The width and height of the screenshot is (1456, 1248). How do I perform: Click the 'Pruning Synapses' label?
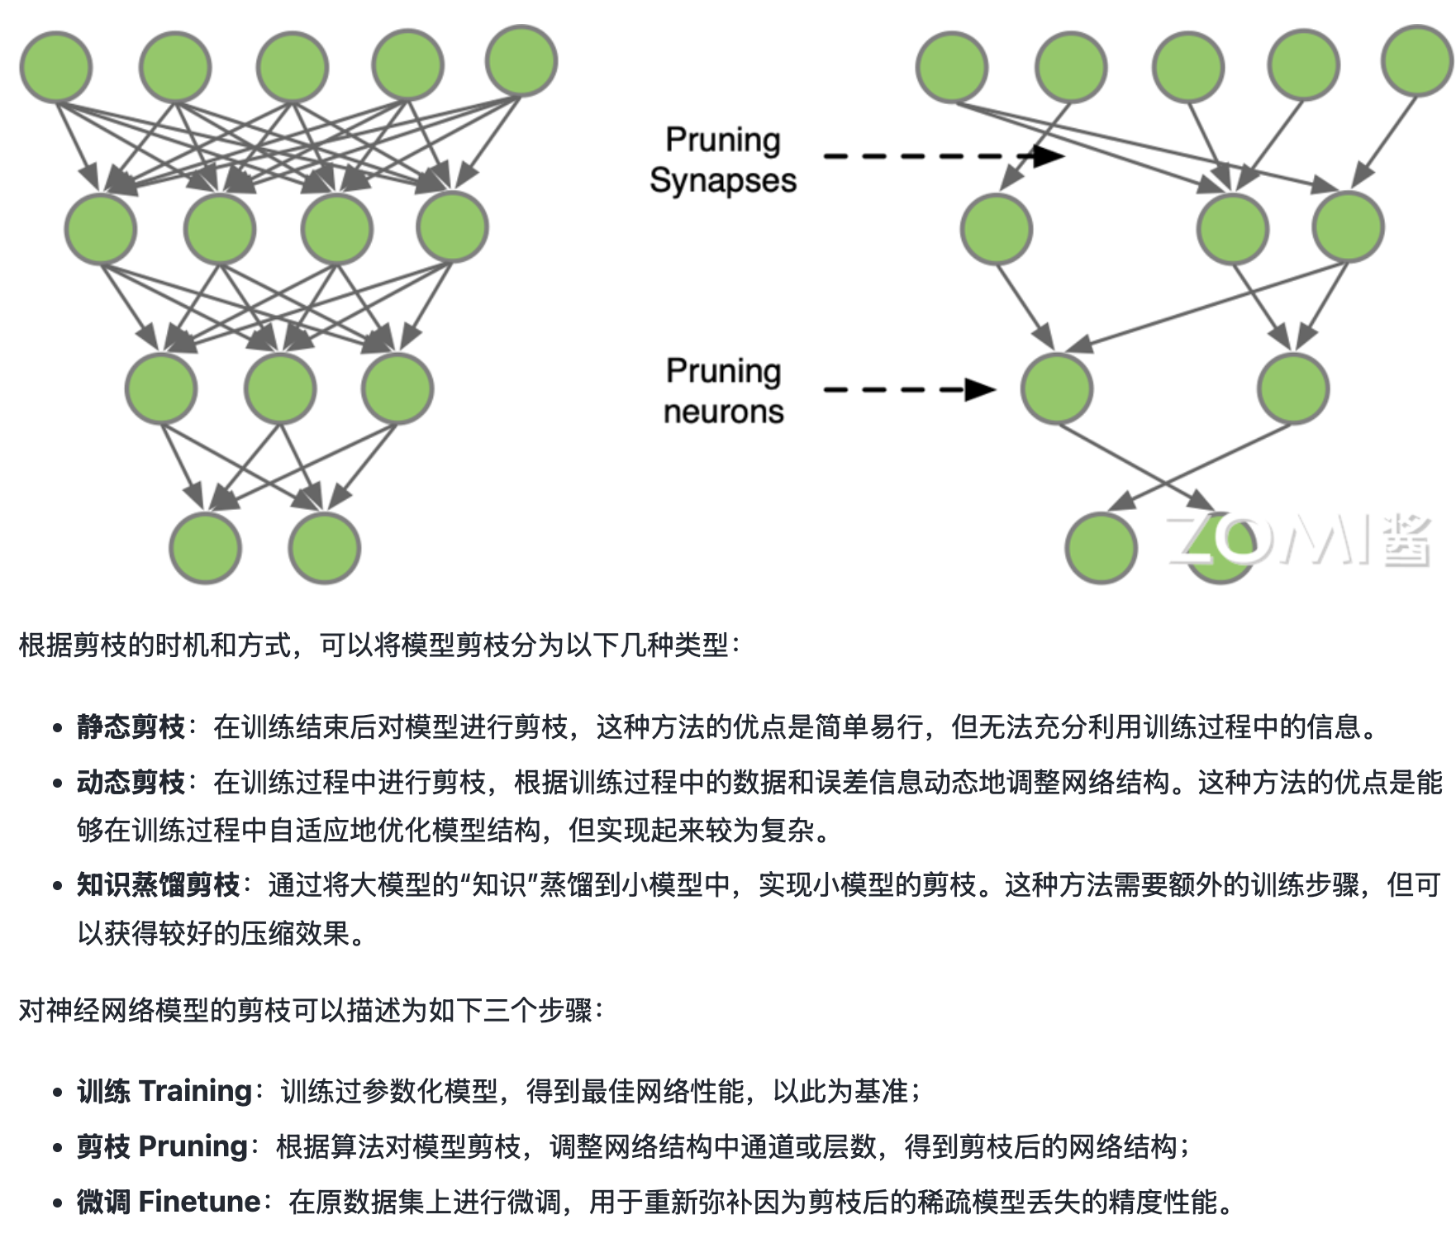(x=723, y=160)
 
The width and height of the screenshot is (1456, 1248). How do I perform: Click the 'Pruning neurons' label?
(x=723, y=391)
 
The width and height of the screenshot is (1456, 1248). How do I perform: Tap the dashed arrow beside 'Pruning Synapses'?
(x=942, y=155)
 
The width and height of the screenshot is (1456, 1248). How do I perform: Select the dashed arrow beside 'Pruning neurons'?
(x=909, y=389)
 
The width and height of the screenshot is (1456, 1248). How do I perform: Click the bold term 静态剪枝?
(x=131, y=727)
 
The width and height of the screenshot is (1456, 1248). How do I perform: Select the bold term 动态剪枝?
(x=131, y=782)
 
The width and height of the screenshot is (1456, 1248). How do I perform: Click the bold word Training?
(x=195, y=1091)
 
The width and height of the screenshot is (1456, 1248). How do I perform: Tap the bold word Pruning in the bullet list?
(x=193, y=1146)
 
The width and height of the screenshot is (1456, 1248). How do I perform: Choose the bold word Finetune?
(x=200, y=1202)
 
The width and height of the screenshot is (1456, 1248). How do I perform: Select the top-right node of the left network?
(x=521, y=61)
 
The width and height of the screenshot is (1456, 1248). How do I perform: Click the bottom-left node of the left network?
(x=205, y=548)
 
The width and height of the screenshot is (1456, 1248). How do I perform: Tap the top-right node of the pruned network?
(x=1418, y=61)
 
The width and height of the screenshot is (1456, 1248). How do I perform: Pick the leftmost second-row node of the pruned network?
(x=997, y=228)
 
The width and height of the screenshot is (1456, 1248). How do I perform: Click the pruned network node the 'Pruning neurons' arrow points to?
(x=1057, y=388)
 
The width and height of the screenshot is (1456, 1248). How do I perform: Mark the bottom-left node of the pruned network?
(x=1101, y=548)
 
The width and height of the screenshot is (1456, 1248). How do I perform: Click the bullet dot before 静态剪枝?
(x=57, y=728)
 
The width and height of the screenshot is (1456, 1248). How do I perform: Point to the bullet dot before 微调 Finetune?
(x=57, y=1203)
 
